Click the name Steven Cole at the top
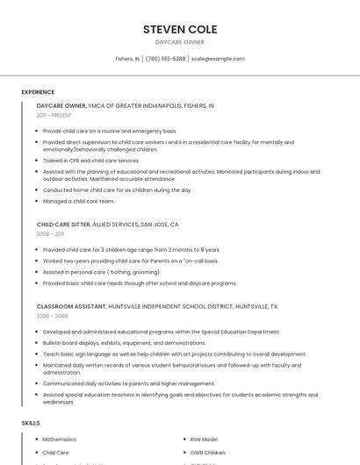180,30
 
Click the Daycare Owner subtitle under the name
180,42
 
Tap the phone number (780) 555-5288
165,59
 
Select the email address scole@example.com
218,59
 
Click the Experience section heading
38,92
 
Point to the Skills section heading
31,423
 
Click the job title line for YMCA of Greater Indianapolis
125,105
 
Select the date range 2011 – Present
54,115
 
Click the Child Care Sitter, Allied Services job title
107,225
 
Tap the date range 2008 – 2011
50,234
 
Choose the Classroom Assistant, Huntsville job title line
156,307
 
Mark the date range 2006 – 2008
51,316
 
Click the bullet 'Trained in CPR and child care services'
91,161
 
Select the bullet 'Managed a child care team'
78,201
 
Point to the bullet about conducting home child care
117,190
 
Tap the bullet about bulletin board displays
124,343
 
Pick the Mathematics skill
60,439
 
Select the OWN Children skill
208,453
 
